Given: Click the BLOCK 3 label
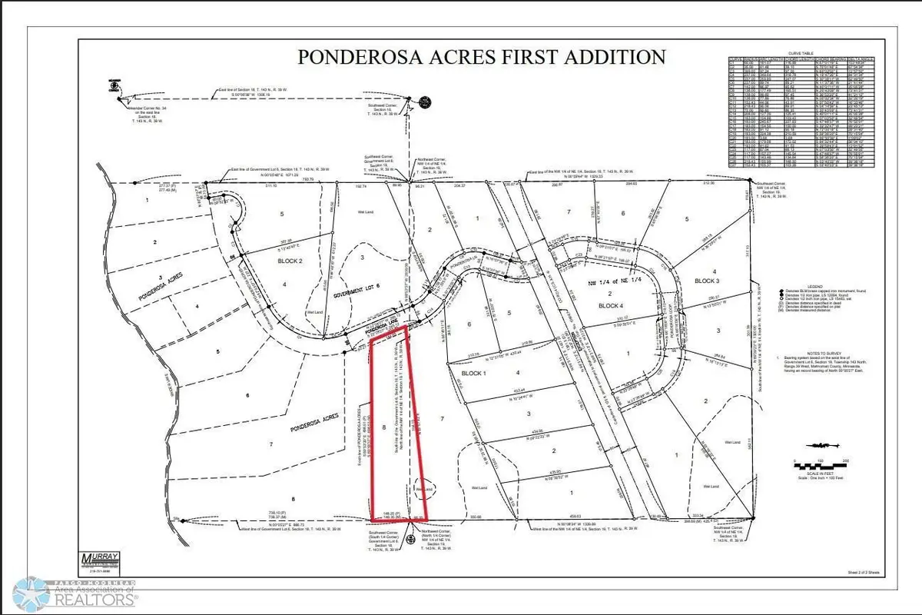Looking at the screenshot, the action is pos(706,280).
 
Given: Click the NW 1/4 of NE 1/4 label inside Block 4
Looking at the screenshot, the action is pos(612,284).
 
